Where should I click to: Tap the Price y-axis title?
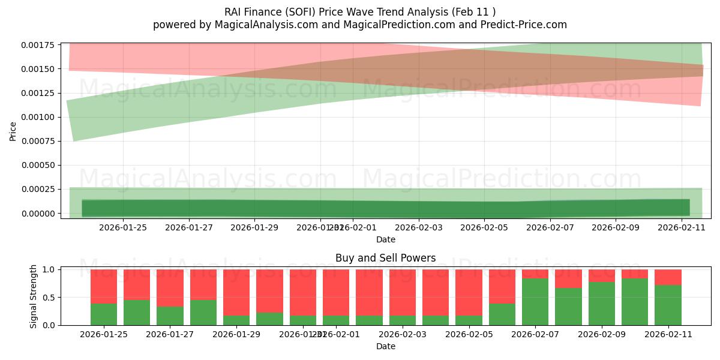13,131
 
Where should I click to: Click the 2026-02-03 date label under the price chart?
419,227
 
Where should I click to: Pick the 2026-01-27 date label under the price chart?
189,227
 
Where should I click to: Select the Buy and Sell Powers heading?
385,258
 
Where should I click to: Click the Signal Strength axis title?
34,296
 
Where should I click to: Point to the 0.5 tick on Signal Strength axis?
49,298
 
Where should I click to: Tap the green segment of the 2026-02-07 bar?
535,302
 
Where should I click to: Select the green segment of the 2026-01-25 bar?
104,314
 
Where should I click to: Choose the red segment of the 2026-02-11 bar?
668,277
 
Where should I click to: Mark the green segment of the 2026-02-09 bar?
601,304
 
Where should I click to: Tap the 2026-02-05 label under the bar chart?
502,335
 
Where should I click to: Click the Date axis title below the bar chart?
385,346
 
